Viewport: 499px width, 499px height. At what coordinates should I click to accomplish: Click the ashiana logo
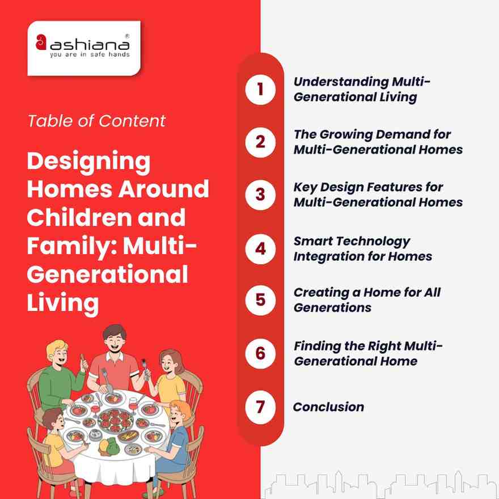click(x=83, y=48)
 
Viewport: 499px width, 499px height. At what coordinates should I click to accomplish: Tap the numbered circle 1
click(x=260, y=90)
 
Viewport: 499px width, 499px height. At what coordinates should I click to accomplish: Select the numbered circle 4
click(x=260, y=248)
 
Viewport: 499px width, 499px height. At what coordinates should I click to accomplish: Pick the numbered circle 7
click(x=260, y=407)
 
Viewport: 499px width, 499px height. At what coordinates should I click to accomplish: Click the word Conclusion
click(x=328, y=407)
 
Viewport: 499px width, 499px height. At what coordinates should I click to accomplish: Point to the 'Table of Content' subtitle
click(x=96, y=121)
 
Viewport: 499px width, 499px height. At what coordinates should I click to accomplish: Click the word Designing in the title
click(x=88, y=162)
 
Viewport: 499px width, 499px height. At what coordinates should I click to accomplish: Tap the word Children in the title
click(x=78, y=218)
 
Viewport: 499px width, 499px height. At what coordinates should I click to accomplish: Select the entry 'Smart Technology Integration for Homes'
click(x=362, y=248)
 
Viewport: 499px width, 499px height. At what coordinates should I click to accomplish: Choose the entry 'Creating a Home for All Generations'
click(x=366, y=300)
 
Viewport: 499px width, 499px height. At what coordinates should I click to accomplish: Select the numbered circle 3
click(x=260, y=194)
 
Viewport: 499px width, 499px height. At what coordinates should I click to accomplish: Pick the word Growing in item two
click(x=341, y=135)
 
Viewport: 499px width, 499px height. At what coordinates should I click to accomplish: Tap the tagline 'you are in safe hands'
click(x=90, y=55)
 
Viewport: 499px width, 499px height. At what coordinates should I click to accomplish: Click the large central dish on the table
click(x=116, y=420)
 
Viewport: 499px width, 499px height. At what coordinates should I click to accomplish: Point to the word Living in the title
click(x=62, y=302)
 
